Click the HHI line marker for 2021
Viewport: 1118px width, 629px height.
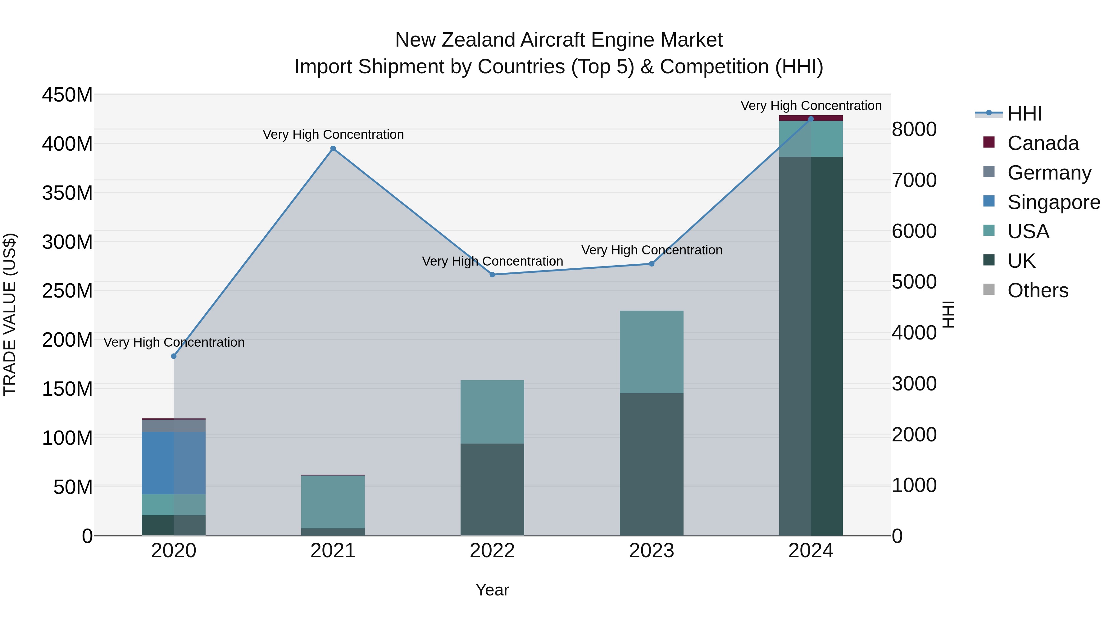coord(333,148)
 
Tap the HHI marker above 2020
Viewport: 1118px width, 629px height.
coord(174,356)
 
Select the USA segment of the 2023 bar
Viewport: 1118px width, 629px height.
coord(652,352)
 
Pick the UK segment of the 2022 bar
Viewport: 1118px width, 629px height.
coord(492,489)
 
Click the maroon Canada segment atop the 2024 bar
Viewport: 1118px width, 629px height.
coord(811,118)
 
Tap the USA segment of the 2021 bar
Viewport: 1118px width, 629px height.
coord(333,502)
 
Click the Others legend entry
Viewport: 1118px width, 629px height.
coord(1037,290)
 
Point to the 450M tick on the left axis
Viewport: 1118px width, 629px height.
coord(67,95)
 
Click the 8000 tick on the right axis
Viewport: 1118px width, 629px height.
coord(914,129)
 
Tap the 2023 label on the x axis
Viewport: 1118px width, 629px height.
coord(652,551)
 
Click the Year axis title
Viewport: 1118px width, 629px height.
coord(492,590)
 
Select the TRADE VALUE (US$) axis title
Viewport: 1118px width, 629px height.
coord(10,314)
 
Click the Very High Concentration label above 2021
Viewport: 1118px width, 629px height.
coord(333,134)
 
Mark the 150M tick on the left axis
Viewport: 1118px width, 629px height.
coord(67,389)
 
